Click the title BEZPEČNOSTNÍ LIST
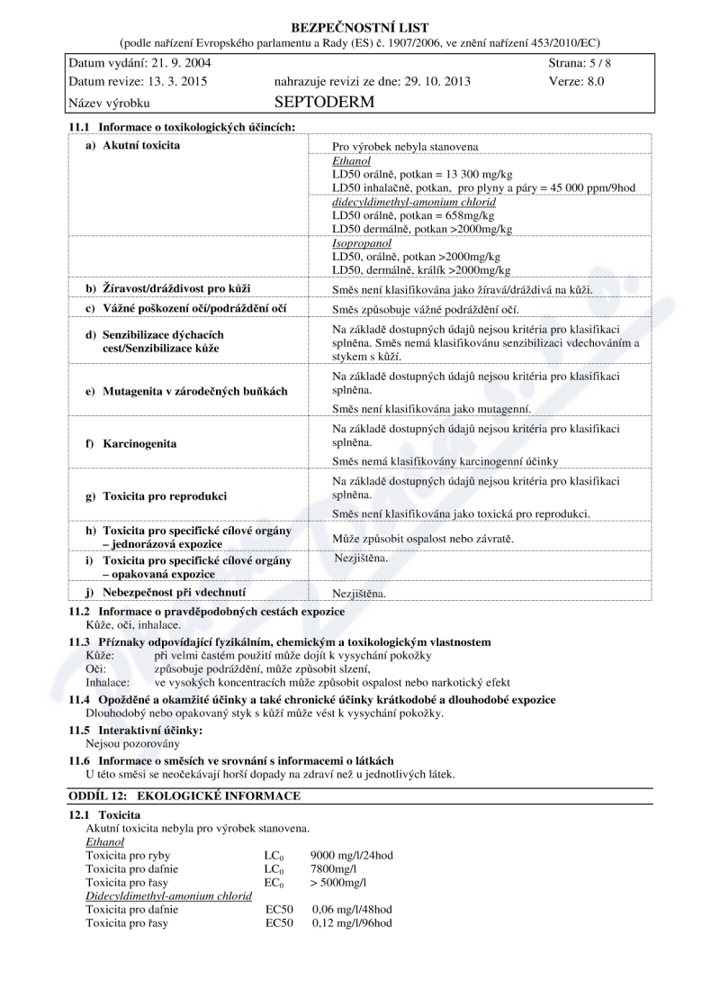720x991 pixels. [x=360, y=28]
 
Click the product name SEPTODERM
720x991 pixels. [x=324, y=103]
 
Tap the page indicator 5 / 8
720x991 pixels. [x=598, y=64]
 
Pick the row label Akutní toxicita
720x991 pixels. [x=141, y=145]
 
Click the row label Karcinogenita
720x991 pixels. [x=139, y=444]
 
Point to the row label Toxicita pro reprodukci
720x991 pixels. [x=165, y=496]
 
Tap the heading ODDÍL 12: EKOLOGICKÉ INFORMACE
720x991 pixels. [x=184, y=796]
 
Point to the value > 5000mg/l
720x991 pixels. [x=338, y=882]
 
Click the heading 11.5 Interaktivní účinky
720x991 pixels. [x=136, y=730]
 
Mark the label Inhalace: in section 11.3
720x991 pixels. [x=108, y=683]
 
